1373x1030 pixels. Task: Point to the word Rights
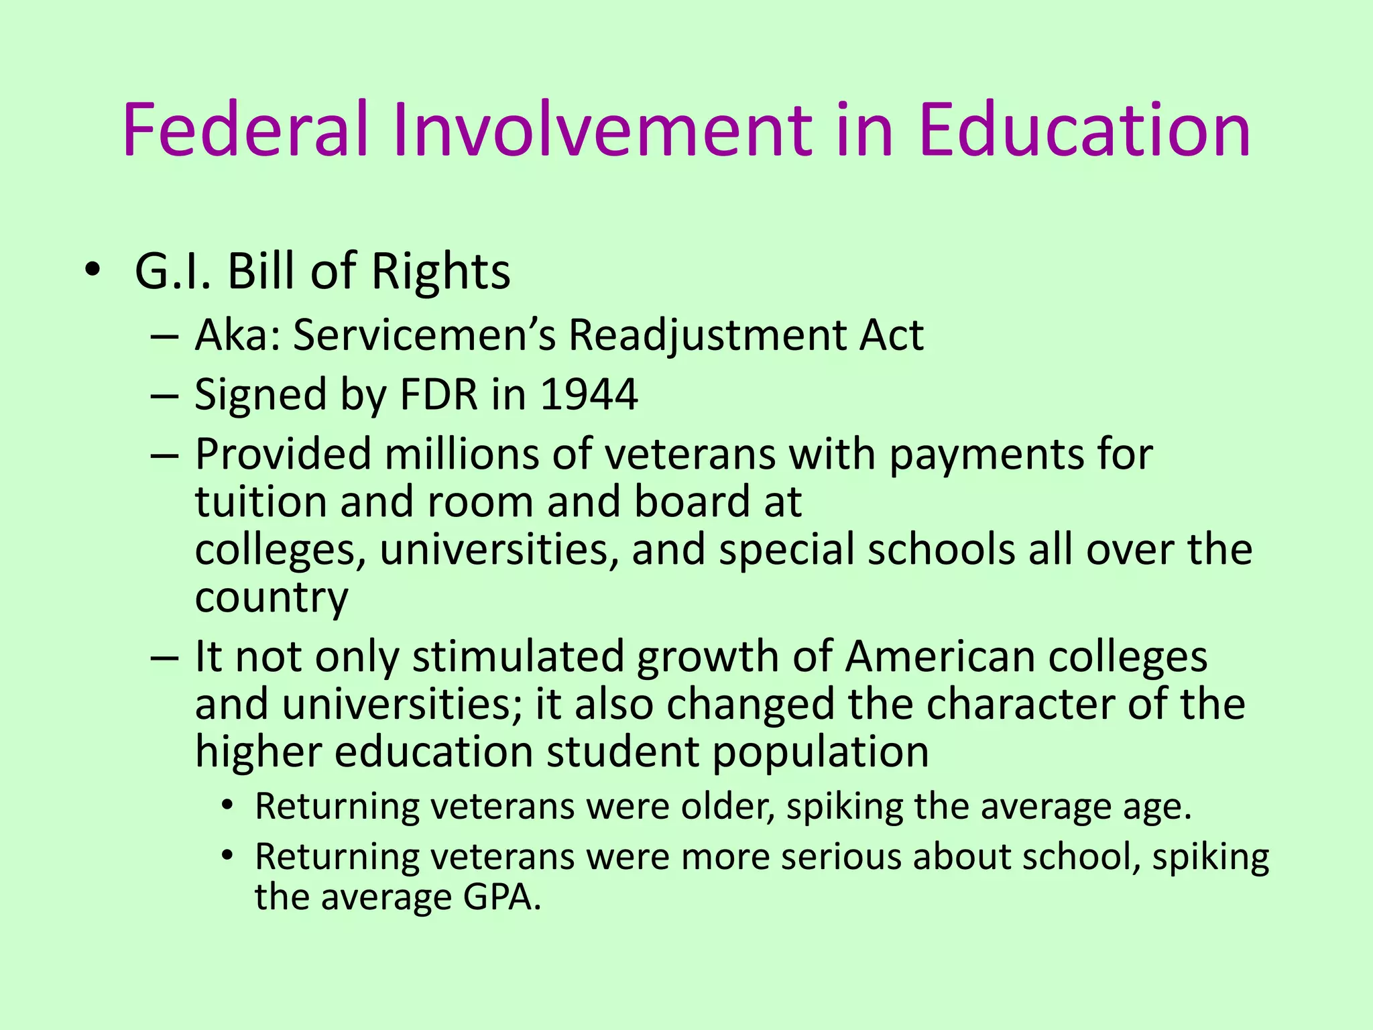[440, 272]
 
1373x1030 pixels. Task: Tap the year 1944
[589, 394]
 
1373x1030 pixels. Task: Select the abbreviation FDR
[439, 394]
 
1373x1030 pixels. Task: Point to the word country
[272, 597]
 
